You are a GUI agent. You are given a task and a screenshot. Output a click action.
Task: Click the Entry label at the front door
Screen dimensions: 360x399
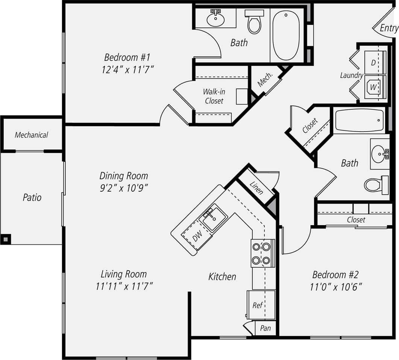388,28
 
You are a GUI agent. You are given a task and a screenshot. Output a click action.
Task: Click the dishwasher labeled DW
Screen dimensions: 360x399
196,236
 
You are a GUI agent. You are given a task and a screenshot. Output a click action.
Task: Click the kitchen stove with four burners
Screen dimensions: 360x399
262,253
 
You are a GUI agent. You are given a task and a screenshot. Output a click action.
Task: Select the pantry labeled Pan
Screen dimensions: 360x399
265,328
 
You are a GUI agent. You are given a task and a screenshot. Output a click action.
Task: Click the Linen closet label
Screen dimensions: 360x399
256,186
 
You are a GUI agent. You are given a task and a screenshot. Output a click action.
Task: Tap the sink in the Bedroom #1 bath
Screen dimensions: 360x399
215,18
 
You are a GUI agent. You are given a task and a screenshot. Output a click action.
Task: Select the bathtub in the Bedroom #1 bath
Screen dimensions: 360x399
286,35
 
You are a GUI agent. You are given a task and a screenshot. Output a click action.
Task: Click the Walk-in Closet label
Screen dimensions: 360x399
214,96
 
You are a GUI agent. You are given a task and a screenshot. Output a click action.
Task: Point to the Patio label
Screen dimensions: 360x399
32,197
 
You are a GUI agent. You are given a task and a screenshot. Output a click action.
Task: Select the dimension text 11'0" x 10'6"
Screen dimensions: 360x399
336,287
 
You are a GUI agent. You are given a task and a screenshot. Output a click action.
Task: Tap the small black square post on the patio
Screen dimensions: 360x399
6,239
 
